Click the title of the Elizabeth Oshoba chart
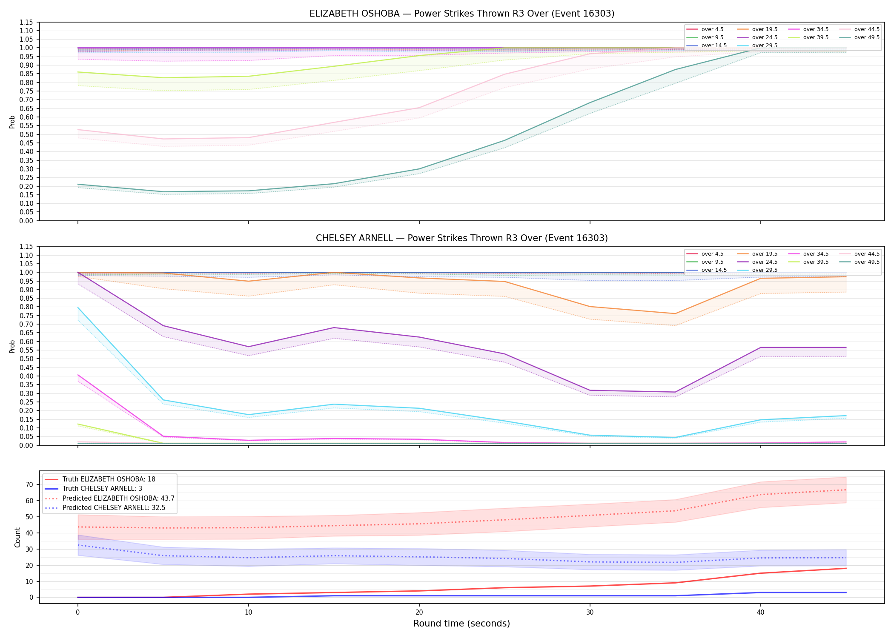pos(462,14)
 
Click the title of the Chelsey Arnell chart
pos(462,238)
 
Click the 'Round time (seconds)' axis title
pos(461,624)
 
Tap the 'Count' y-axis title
pos(17,537)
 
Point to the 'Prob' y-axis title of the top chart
pos(12,122)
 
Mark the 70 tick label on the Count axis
pos(29,484)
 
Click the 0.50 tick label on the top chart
pos(26,134)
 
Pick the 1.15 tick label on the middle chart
pos(26,247)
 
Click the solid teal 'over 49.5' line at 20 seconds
pos(419,169)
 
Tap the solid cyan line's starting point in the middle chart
pos(78,308)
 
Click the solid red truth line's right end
pos(846,568)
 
